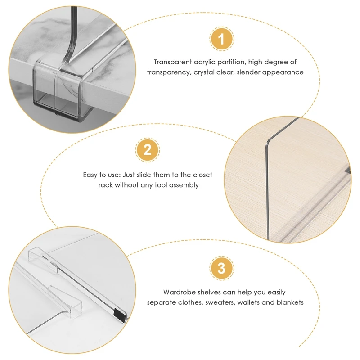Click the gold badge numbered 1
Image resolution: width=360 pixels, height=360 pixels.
click(221, 39)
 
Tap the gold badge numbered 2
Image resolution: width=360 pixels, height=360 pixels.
click(148, 150)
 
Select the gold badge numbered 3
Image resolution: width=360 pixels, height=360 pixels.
click(221, 268)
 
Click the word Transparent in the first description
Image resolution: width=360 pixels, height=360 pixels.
click(173, 62)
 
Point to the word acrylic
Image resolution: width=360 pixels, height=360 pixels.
click(205, 63)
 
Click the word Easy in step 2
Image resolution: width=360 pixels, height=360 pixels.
click(90, 175)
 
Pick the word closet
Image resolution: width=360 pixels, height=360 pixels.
click(203, 175)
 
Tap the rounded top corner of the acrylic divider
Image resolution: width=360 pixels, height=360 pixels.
click(269, 141)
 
